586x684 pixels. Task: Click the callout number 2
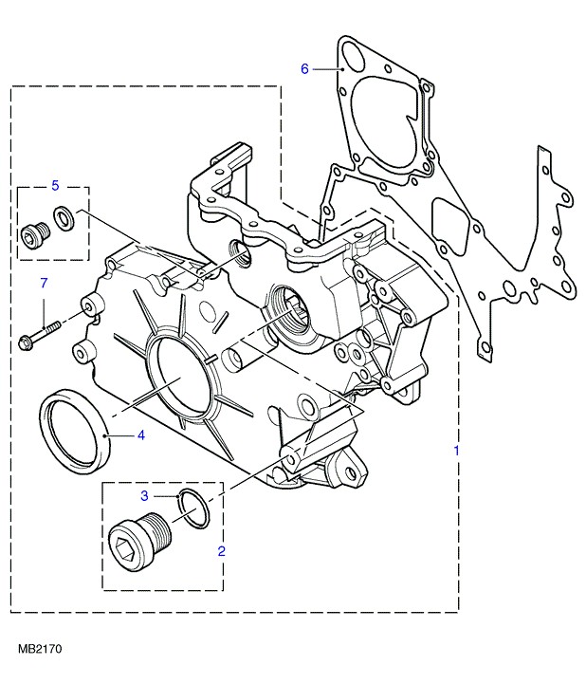click(221, 549)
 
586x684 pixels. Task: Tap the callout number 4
click(140, 435)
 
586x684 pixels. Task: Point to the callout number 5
click(55, 184)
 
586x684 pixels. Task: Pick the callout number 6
click(304, 68)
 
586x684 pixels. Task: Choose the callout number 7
click(42, 283)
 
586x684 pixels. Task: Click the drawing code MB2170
click(39, 651)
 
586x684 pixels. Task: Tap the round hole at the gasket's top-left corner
click(354, 58)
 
